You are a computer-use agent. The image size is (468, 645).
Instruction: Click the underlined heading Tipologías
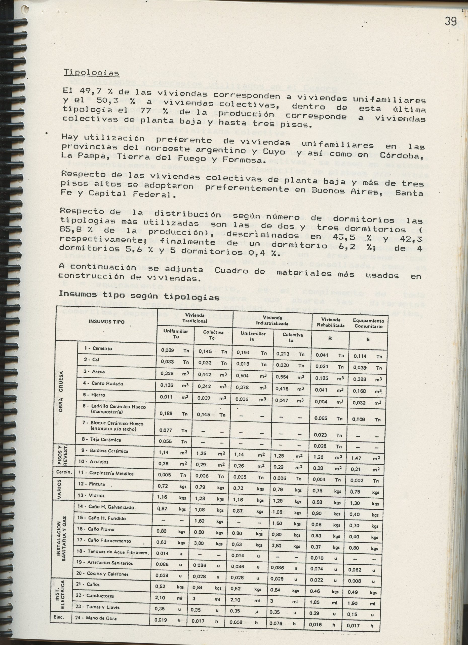point(91,73)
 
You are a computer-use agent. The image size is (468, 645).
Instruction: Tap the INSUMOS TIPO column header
point(106,322)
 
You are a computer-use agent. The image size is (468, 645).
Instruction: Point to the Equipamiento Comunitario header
point(368,323)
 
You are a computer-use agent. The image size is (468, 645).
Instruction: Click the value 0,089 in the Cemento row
point(167,350)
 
